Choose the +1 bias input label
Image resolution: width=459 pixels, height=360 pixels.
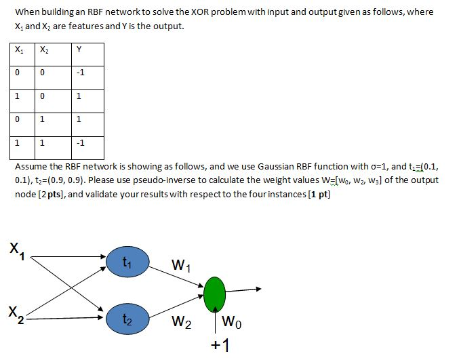(x=218, y=346)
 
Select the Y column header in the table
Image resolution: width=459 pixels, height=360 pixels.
(x=80, y=49)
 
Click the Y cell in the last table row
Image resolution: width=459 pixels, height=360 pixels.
(x=80, y=144)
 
